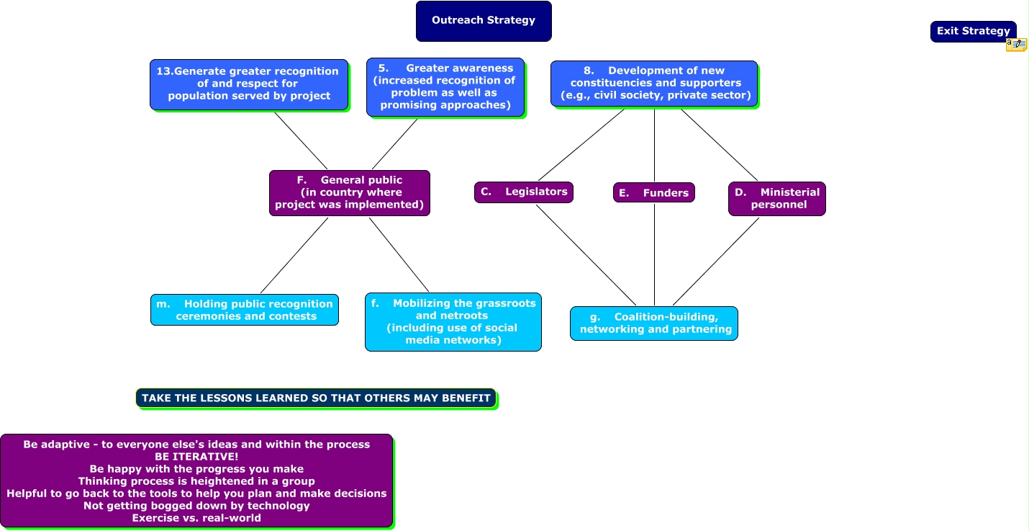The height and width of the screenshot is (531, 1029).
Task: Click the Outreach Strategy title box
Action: (484, 21)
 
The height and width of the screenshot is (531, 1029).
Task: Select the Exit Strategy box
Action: (973, 31)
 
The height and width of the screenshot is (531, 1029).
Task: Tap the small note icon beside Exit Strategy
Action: (1016, 45)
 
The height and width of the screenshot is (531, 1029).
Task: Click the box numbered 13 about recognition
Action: (249, 84)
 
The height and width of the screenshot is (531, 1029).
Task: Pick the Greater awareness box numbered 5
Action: (445, 87)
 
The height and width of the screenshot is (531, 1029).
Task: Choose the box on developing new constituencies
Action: (654, 84)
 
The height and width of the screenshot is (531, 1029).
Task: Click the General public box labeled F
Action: (350, 192)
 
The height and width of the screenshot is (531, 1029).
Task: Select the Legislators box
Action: (524, 192)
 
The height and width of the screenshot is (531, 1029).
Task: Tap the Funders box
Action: (654, 192)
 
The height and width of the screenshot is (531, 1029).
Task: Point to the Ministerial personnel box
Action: (777, 198)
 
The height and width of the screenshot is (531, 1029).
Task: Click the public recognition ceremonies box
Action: (245, 310)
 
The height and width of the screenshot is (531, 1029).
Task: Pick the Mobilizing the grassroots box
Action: (453, 322)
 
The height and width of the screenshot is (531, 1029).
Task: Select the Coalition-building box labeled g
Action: (654, 323)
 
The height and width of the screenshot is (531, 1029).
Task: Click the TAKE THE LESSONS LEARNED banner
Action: (316, 398)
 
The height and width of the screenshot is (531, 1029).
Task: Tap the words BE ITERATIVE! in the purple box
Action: (196, 456)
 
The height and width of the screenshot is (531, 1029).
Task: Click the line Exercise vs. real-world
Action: (196, 517)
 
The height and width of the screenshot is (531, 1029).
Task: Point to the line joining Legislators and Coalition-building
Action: (586, 255)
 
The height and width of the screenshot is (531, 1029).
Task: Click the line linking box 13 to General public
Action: (301, 140)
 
